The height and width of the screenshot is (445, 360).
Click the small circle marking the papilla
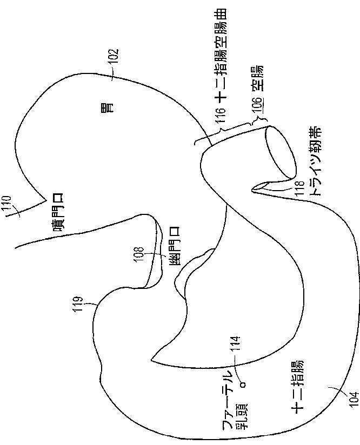pos(243,384)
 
